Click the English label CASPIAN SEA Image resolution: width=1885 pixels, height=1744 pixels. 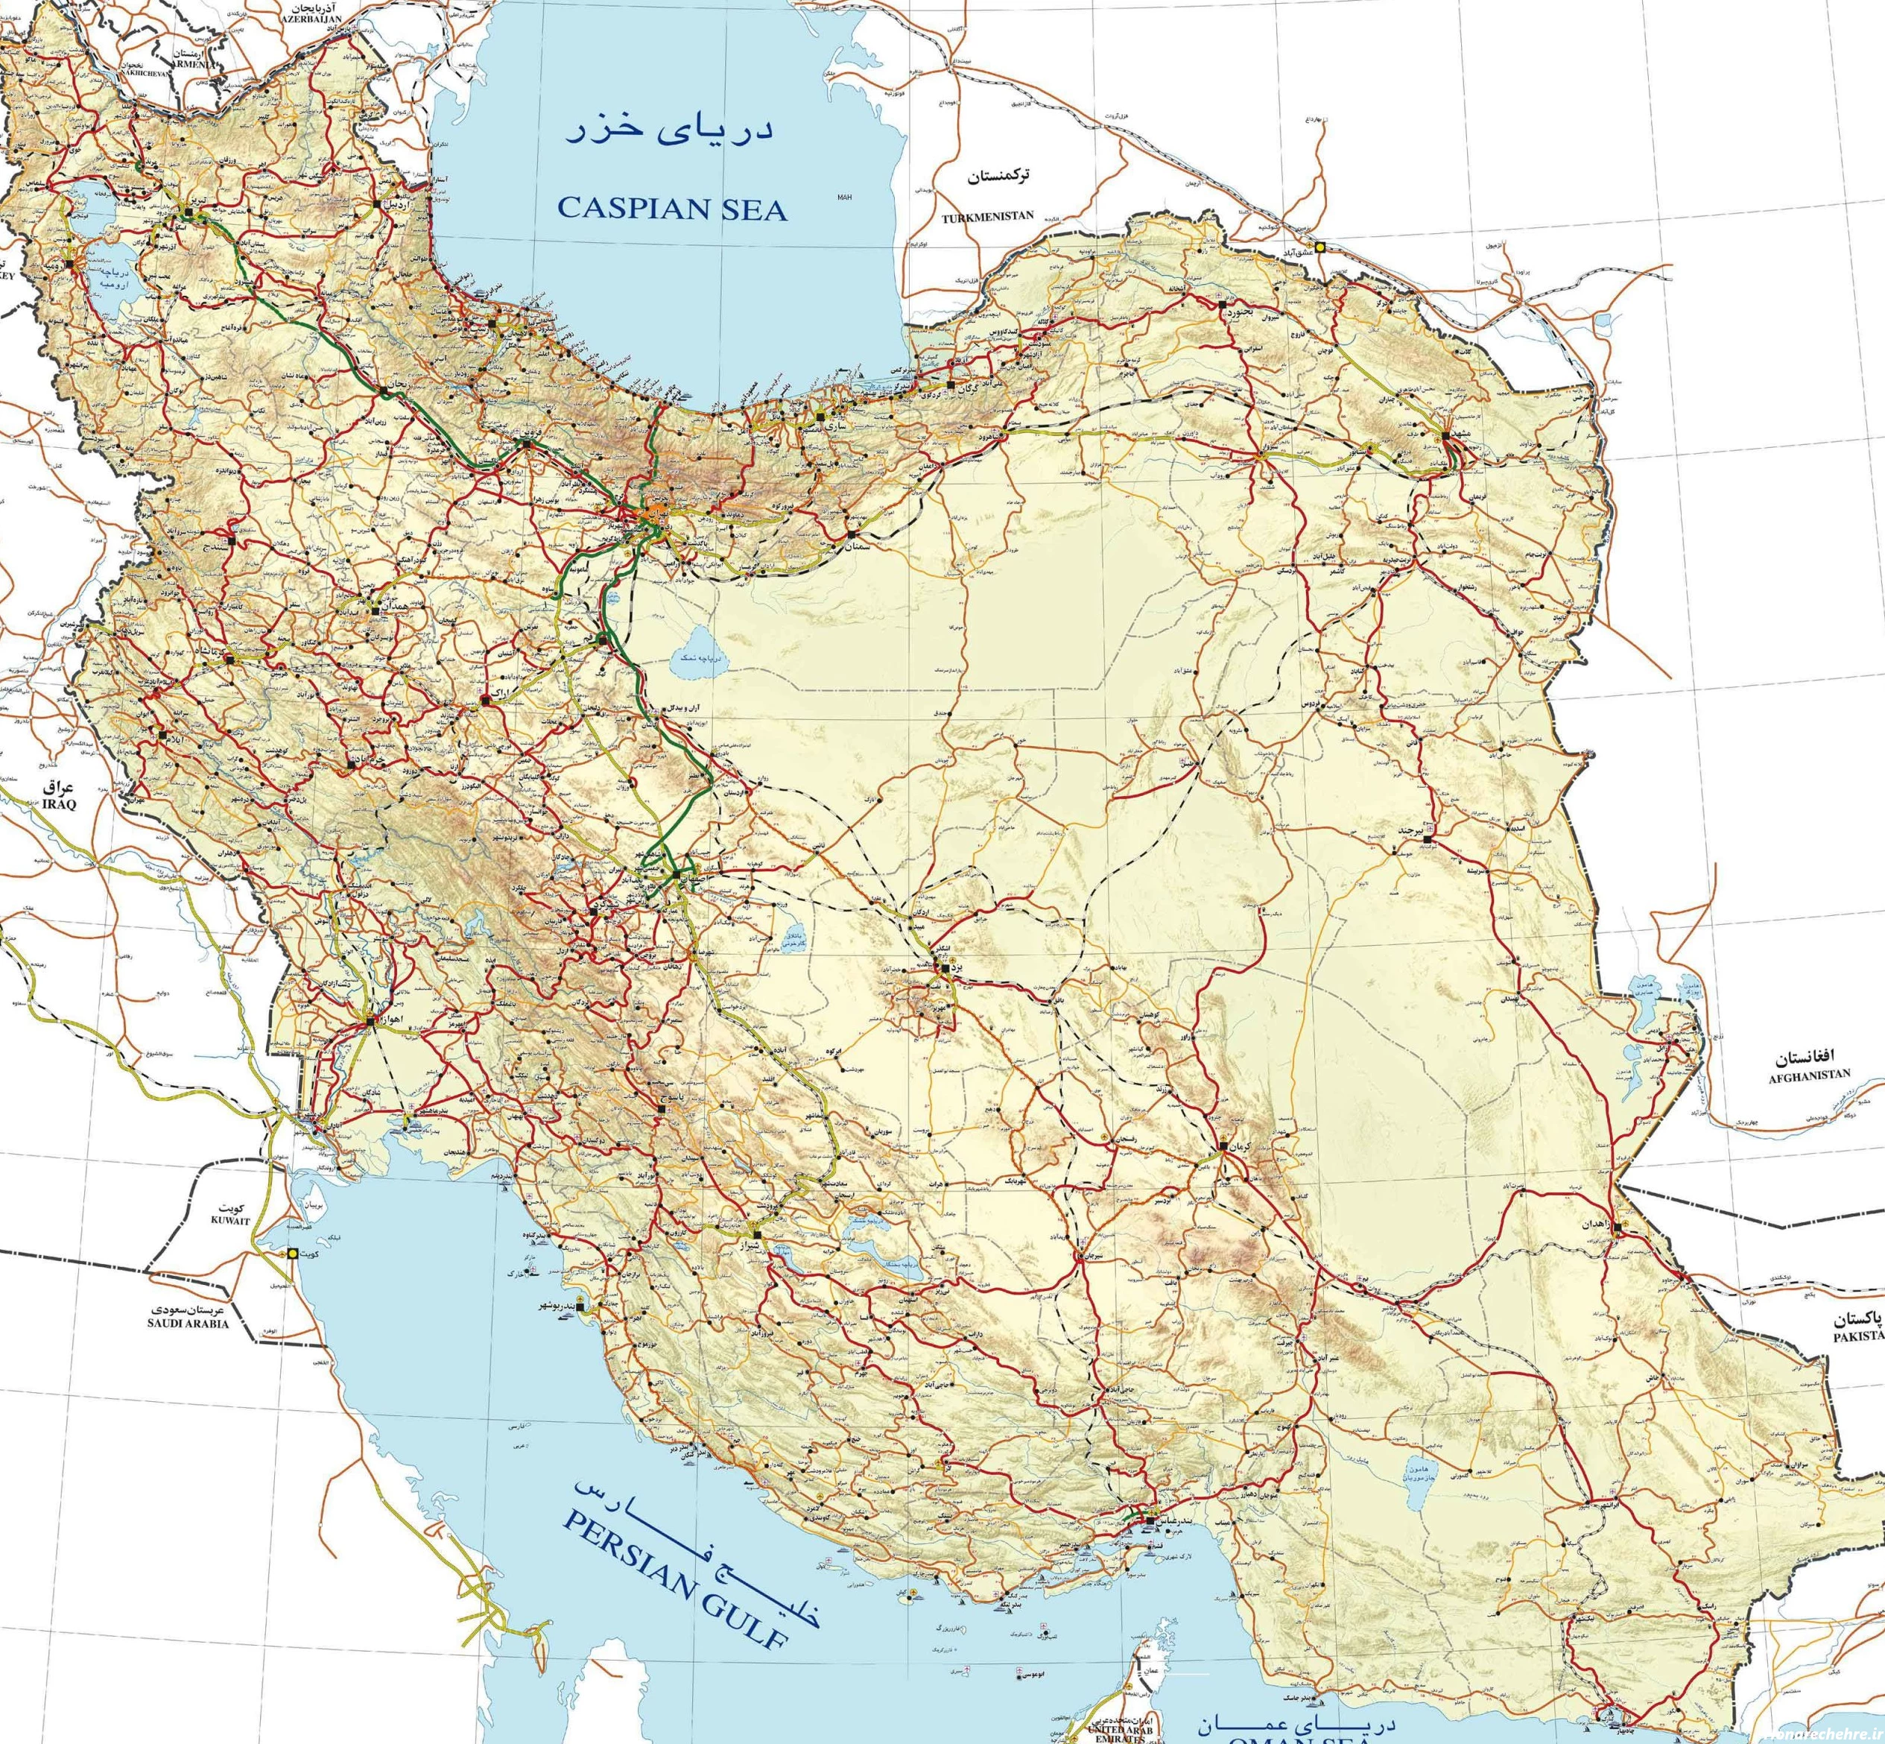point(672,209)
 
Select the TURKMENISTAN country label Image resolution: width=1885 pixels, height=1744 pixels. point(987,216)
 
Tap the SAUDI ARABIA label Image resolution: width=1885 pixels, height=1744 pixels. point(188,1323)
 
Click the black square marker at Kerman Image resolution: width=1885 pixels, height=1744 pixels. point(1222,1145)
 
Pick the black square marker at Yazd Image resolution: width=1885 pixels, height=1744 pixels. point(945,967)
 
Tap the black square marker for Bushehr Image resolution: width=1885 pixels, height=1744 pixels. point(579,1307)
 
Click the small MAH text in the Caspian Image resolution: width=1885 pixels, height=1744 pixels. point(843,198)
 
